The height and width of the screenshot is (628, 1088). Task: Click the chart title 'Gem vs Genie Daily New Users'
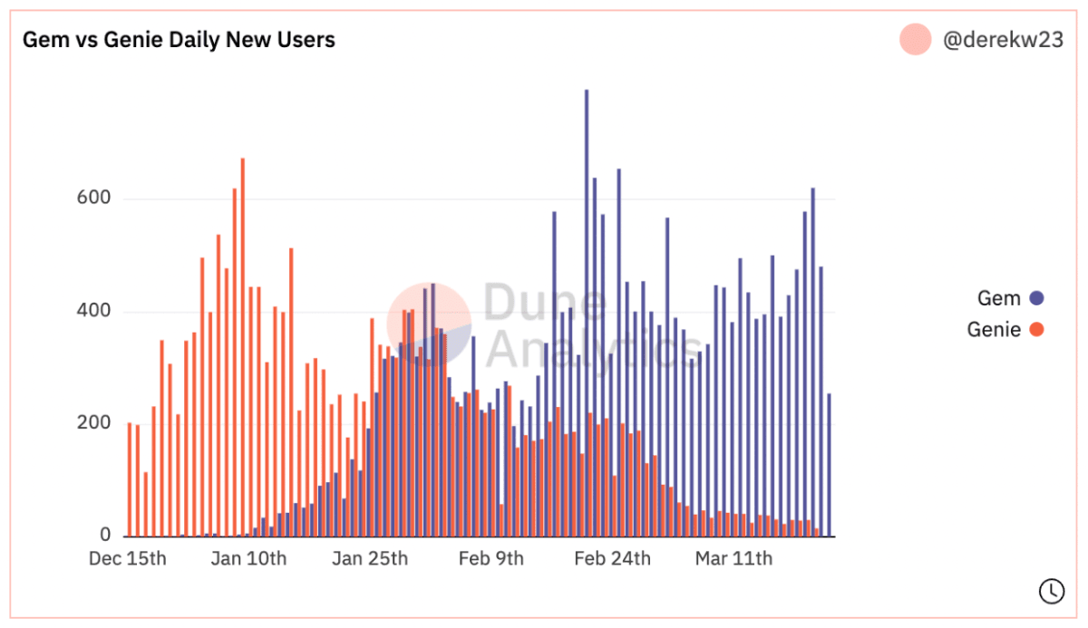click(x=179, y=40)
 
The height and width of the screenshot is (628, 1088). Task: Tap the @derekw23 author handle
click(x=1002, y=40)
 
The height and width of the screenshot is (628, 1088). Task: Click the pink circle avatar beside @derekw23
click(x=915, y=40)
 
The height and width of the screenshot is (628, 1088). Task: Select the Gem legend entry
click(x=998, y=298)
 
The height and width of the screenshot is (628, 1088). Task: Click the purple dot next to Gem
click(x=1036, y=298)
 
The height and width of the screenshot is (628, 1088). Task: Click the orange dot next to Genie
click(x=1036, y=330)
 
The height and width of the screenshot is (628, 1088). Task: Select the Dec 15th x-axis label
click(x=128, y=558)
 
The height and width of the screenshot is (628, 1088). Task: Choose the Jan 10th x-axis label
click(x=248, y=558)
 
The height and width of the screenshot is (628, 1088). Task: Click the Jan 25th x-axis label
click(x=369, y=558)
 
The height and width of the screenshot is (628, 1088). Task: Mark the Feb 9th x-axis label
click(x=491, y=558)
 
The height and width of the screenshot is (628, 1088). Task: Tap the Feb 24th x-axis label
click(x=612, y=558)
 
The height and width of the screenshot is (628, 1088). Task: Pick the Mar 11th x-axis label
click(x=733, y=558)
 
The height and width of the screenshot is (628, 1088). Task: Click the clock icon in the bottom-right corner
click(x=1051, y=590)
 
